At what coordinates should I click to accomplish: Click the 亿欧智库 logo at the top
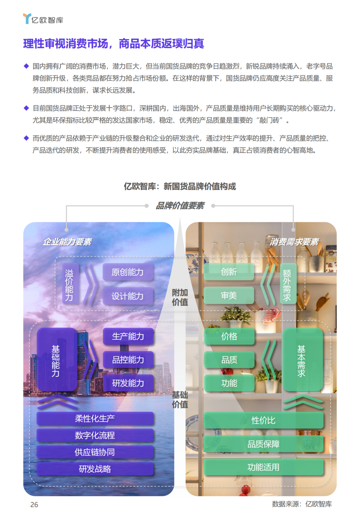tap(43, 19)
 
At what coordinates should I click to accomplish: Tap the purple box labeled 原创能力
tap(128, 272)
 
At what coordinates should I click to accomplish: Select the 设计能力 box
tap(128, 296)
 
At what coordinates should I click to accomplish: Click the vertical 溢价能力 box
tap(69, 284)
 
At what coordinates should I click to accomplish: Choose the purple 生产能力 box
tap(128, 336)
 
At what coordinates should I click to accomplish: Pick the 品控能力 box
tap(128, 360)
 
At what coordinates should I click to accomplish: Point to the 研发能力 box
tap(128, 383)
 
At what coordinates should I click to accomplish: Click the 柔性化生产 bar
tap(95, 419)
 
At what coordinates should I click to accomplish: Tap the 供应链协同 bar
tap(95, 452)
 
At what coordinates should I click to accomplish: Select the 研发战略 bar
tap(95, 469)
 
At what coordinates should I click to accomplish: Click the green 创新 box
tap(229, 272)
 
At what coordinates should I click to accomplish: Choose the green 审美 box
tap(229, 295)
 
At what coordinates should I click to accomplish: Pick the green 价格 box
tap(229, 336)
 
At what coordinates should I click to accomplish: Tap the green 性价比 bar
tap(263, 420)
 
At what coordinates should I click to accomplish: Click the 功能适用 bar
tap(263, 467)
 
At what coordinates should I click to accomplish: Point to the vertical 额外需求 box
tap(287, 284)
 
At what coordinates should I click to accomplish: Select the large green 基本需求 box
tap(302, 360)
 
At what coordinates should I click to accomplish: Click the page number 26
tap(34, 505)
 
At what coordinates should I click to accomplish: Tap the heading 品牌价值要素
tap(180, 206)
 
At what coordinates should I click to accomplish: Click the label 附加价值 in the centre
tap(180, 297)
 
